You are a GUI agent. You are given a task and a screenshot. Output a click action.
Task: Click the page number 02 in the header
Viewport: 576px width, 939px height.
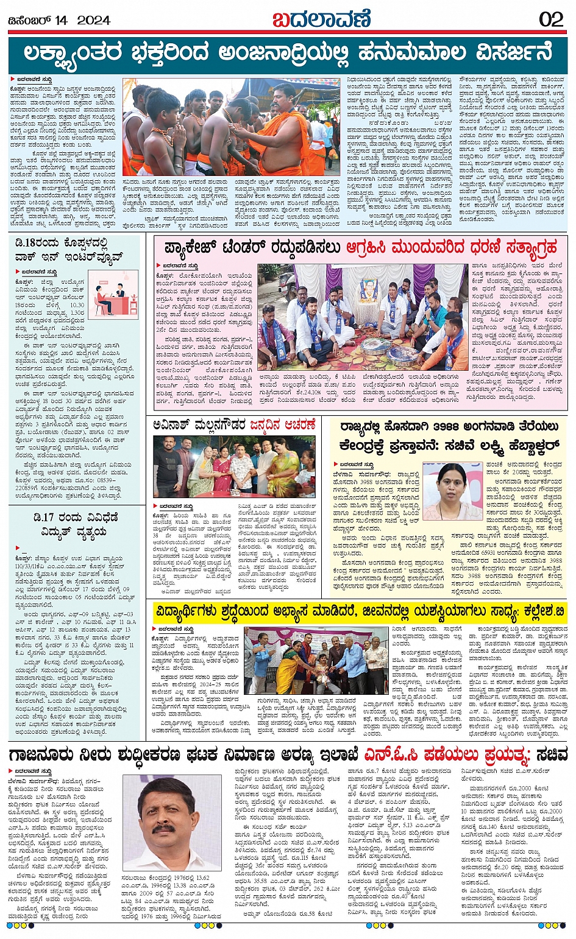(551, 19)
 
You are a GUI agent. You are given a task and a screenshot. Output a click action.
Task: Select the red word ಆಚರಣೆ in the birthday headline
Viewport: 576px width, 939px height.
(297, 424)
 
